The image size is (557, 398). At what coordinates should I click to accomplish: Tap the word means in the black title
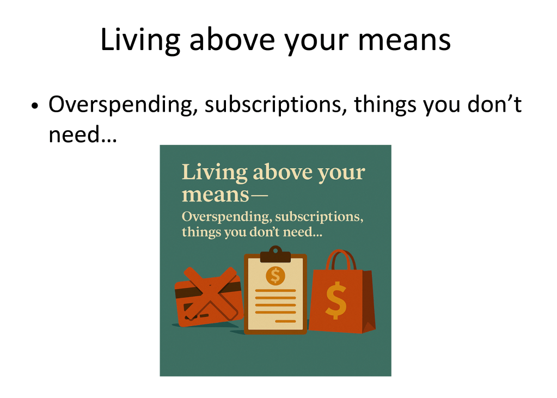pos(405,40)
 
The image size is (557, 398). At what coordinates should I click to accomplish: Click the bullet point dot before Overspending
pos(34,106)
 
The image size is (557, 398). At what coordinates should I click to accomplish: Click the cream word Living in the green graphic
pos(215,173)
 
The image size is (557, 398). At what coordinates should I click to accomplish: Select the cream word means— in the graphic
pos(224,195)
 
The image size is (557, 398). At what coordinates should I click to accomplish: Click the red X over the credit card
pos(210,294)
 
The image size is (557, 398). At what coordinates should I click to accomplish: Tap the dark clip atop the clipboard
pos(276,254)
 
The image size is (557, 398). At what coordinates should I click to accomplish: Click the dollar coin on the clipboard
pos(276,275)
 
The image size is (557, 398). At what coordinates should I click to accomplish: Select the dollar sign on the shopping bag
pos(336,301)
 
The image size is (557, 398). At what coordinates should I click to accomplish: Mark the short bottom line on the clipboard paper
pos(285,321)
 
